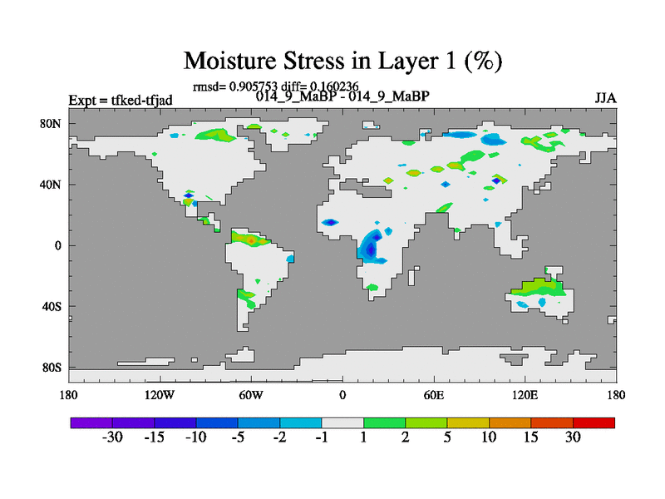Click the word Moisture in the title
tap(230, 61)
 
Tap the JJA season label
tap(605, 98)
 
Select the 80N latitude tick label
tap(51, 124)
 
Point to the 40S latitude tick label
tap(52, 306)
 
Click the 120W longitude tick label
tap(160, 395)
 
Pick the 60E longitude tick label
tap(434, 395)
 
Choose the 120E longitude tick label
tap(525, 395)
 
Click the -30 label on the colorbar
tap(112, 437)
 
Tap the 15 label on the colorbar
tap(530, 437)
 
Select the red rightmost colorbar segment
tap(594, 422)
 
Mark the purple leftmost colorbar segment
tap(91, 422)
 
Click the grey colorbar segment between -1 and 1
tap(342, 422)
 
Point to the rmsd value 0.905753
tap(253, 86)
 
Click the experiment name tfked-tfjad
tap(141, 101)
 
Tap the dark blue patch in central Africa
tap(371, 249)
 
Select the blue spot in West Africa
tap(330, 222)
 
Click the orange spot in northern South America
tap(252, 240)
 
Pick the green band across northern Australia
tap(538, 287)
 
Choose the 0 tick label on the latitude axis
tap(57, 245)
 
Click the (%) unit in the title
tap(483, 61)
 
